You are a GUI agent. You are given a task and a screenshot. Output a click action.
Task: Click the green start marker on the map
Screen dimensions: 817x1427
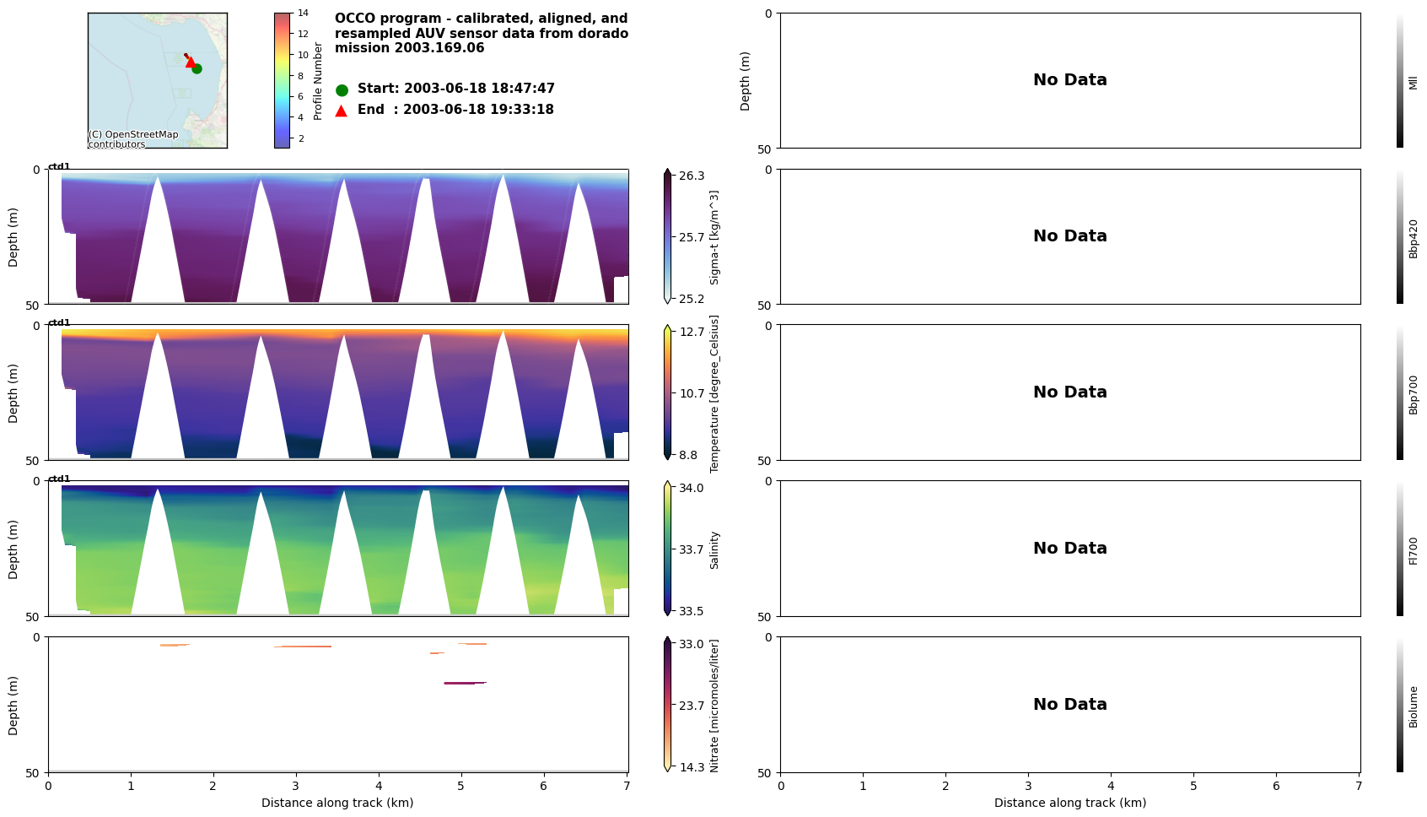tap(197, 68)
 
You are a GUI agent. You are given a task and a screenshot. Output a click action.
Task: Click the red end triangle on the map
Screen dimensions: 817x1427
tap(191, 62)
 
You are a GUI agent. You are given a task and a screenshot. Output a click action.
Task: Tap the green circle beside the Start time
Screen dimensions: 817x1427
tap(342, 89)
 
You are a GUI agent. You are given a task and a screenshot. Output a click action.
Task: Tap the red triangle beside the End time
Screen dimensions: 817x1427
tap(342, 111)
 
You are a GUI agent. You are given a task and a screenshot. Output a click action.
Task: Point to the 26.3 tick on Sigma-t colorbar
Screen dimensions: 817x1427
tap(691, 176)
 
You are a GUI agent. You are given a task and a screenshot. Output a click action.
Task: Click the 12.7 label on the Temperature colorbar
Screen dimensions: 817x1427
tap(691, 332)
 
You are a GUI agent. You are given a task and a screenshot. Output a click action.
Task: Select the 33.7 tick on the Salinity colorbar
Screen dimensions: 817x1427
tap(691, 549)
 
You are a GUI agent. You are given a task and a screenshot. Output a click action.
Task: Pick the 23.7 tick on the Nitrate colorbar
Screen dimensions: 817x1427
tap(691, 706)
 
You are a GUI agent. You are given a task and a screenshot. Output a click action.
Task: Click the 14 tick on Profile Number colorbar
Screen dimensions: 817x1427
tap(302, 14)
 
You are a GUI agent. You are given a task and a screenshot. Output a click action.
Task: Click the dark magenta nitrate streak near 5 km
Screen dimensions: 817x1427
tap(465, 683)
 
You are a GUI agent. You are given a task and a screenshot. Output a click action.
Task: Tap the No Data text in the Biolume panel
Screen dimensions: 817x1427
tap(1069, 704)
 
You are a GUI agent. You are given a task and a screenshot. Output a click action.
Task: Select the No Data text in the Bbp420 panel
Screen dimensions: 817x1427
tap(1069, 236)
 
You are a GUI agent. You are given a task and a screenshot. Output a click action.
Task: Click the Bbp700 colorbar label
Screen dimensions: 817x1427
tap(1414, 394)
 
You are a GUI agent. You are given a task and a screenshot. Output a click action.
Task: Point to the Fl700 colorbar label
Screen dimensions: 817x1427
tap(1414, 550)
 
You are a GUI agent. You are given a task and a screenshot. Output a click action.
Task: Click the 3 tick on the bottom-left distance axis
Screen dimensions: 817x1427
tap(296, 786)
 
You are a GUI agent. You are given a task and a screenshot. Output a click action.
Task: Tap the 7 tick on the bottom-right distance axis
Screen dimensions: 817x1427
tap(1358, 786)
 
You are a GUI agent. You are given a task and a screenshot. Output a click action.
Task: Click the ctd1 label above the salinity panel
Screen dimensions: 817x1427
tap(59, 479)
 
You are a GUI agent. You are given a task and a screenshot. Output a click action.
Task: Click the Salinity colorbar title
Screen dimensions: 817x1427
tap(714, 549)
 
